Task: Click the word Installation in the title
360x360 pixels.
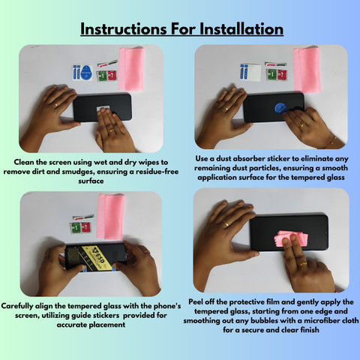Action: pos(241,29)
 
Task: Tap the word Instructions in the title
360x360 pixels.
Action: pos(124,29)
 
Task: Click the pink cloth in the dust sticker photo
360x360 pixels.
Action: pos(307,70)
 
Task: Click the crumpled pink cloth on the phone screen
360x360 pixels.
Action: pos(292,238)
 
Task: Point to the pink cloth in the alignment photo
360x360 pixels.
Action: pos(110,216)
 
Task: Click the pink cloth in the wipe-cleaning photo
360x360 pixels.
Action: pos(131,69)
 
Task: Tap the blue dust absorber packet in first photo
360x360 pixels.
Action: pos(86,73)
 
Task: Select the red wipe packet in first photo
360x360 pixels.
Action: pos(112,75)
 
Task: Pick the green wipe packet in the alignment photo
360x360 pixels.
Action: pos(76,228)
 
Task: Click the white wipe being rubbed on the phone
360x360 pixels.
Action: pos(103,109)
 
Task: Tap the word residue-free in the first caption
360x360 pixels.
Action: pos(157,172)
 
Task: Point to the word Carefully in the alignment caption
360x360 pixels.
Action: pos(17,306)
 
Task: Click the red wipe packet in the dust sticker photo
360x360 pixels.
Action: pos(282,74)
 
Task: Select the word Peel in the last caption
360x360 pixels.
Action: pos(196,301)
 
